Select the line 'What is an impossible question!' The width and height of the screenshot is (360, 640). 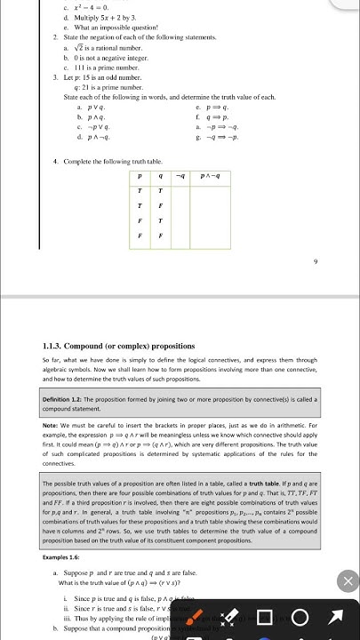click(x=108, y=28)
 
